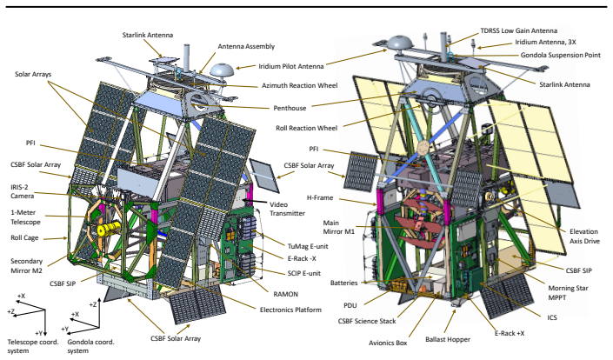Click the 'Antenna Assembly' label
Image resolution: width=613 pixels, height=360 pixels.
246,46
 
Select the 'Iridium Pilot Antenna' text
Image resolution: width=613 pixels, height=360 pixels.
291,66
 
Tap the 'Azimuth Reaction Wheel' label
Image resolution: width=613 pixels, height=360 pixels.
299,85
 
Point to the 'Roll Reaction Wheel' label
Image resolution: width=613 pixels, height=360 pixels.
306,128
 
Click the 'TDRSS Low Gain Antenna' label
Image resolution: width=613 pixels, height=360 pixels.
519,30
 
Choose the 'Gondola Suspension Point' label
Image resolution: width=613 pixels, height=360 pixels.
560,55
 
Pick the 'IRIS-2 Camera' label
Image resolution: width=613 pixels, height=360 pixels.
23,191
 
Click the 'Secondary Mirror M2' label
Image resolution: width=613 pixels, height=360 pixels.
26,265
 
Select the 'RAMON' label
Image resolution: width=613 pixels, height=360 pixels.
285,294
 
